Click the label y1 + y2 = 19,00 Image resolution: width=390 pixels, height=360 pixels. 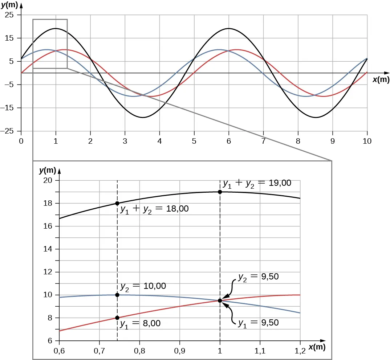pos(257,184)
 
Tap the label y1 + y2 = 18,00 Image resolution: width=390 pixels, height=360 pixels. pos(154,209)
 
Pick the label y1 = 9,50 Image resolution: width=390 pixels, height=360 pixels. pos(258,323)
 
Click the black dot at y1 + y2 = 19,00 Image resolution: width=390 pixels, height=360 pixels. pos(220,192)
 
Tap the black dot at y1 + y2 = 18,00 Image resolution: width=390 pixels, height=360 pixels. pos(117,203)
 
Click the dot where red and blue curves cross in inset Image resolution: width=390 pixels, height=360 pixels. pos(220,300)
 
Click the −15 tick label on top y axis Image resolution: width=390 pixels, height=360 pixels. pos(11,108)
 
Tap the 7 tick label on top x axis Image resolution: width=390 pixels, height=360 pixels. pos(263,141)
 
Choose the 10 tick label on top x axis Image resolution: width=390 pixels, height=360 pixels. pos(367,141)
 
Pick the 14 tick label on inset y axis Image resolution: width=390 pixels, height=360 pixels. pos(50,249)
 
